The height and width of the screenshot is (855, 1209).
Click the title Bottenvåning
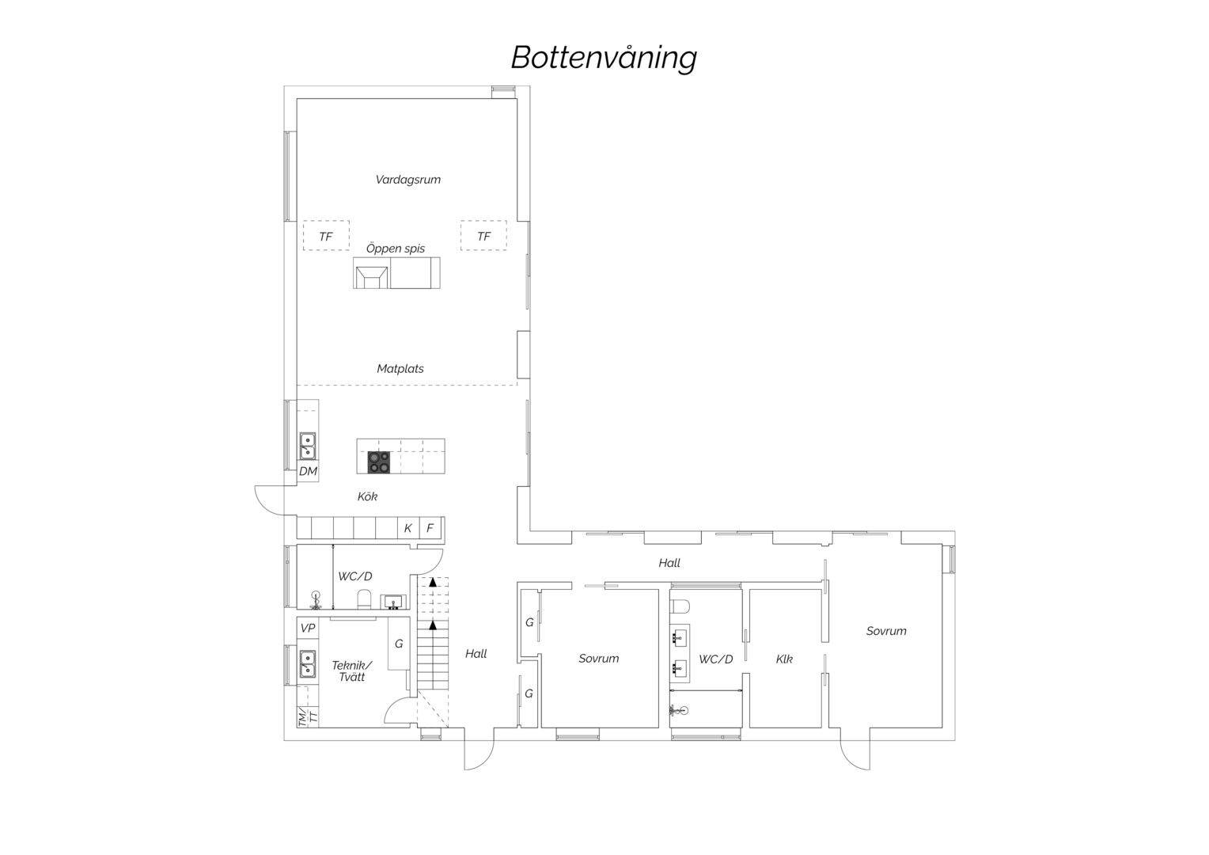click(x=604, y=59)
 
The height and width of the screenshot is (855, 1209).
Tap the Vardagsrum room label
click(x=408, y=180)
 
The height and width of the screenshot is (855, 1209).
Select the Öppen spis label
click(x=396, y=249)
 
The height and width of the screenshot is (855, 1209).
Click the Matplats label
click(x=400, y=369)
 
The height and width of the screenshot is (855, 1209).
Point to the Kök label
click(x=367, y=496)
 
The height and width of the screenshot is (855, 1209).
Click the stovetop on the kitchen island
click(x=379, y=462)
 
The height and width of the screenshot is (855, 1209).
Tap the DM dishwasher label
click(x=309, y=472)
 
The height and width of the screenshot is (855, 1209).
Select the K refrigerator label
click(x=408, y=528)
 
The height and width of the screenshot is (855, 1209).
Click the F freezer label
click(x=430, y=528)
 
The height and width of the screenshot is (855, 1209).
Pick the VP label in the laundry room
click(x=308, y=628)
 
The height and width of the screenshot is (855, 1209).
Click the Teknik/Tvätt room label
click(x=352, y=671)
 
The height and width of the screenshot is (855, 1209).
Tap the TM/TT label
click(x=308, y=716)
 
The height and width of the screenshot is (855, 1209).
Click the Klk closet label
click(x=784, y=659)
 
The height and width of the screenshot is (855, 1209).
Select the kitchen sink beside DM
click(x=308, y=446)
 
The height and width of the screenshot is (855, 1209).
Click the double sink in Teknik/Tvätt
click(x=308, y=663)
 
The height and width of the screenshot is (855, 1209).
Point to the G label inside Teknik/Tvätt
click(x=399, y=644)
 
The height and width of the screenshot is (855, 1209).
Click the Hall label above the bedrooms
click(x=669, y=563)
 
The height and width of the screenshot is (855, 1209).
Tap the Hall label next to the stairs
click(x=476, y=654)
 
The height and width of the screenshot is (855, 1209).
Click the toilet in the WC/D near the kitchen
click(x=364, y=598)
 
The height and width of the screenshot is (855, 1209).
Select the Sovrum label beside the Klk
click(x=886, y=631)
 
